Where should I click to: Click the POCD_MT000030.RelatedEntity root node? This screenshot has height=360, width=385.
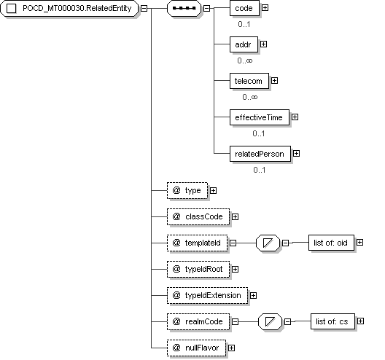coord(69,8)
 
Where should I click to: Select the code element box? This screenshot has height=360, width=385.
coord(244,8)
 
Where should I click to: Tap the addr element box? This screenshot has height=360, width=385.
coord(244,44)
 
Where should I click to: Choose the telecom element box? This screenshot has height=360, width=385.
coord(249,81)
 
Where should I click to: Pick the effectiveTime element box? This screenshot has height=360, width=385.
coord(260,117)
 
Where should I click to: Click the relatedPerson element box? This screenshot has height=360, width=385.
coord(260,154)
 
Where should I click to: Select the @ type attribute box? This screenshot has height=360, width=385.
coord(187,190)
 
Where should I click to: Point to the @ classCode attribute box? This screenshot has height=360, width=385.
coord(198,216)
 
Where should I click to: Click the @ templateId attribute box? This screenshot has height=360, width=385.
coord(197,243)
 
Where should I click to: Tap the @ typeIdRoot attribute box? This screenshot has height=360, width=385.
coord(198,269)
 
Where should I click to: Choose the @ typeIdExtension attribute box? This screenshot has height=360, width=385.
coord(207,295)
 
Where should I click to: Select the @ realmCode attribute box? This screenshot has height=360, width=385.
coord(198,321)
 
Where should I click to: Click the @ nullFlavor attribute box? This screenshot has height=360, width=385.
coord(196,348)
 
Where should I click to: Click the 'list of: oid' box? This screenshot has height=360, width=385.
coord(331,243)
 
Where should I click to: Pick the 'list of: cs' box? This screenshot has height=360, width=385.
coord(332,321)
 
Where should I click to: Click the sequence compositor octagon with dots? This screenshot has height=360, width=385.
coord(184,8)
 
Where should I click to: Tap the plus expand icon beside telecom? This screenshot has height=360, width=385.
coord(274,80)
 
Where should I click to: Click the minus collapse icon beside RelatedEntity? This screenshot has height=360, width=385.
coord(144,8)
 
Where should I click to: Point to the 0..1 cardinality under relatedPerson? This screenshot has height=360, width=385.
coord(260,170)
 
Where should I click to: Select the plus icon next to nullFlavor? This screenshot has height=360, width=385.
coord(231,348)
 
